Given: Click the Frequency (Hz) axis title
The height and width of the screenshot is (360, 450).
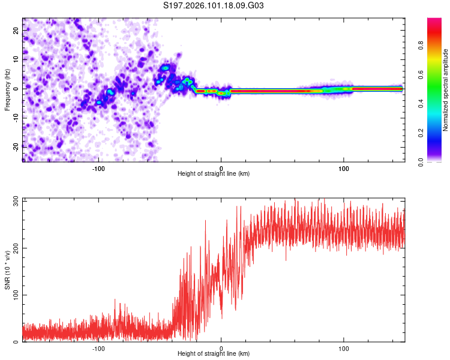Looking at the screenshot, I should point(7,90).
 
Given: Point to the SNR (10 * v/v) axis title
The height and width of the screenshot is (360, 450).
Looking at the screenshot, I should point(7,270).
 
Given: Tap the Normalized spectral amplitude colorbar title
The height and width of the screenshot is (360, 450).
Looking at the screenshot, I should point(446,90).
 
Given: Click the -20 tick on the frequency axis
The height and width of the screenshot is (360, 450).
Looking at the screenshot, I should point(16,146).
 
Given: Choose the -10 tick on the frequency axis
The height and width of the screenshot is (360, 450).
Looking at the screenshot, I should point(16,117).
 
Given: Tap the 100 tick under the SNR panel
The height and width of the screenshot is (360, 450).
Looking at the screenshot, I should point(344,348).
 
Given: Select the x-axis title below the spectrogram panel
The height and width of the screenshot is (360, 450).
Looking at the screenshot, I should point(214,174).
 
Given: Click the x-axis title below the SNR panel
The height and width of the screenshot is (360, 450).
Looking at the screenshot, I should point(214,354).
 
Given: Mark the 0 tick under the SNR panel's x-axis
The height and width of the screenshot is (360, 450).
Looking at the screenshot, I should point(221,348).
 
